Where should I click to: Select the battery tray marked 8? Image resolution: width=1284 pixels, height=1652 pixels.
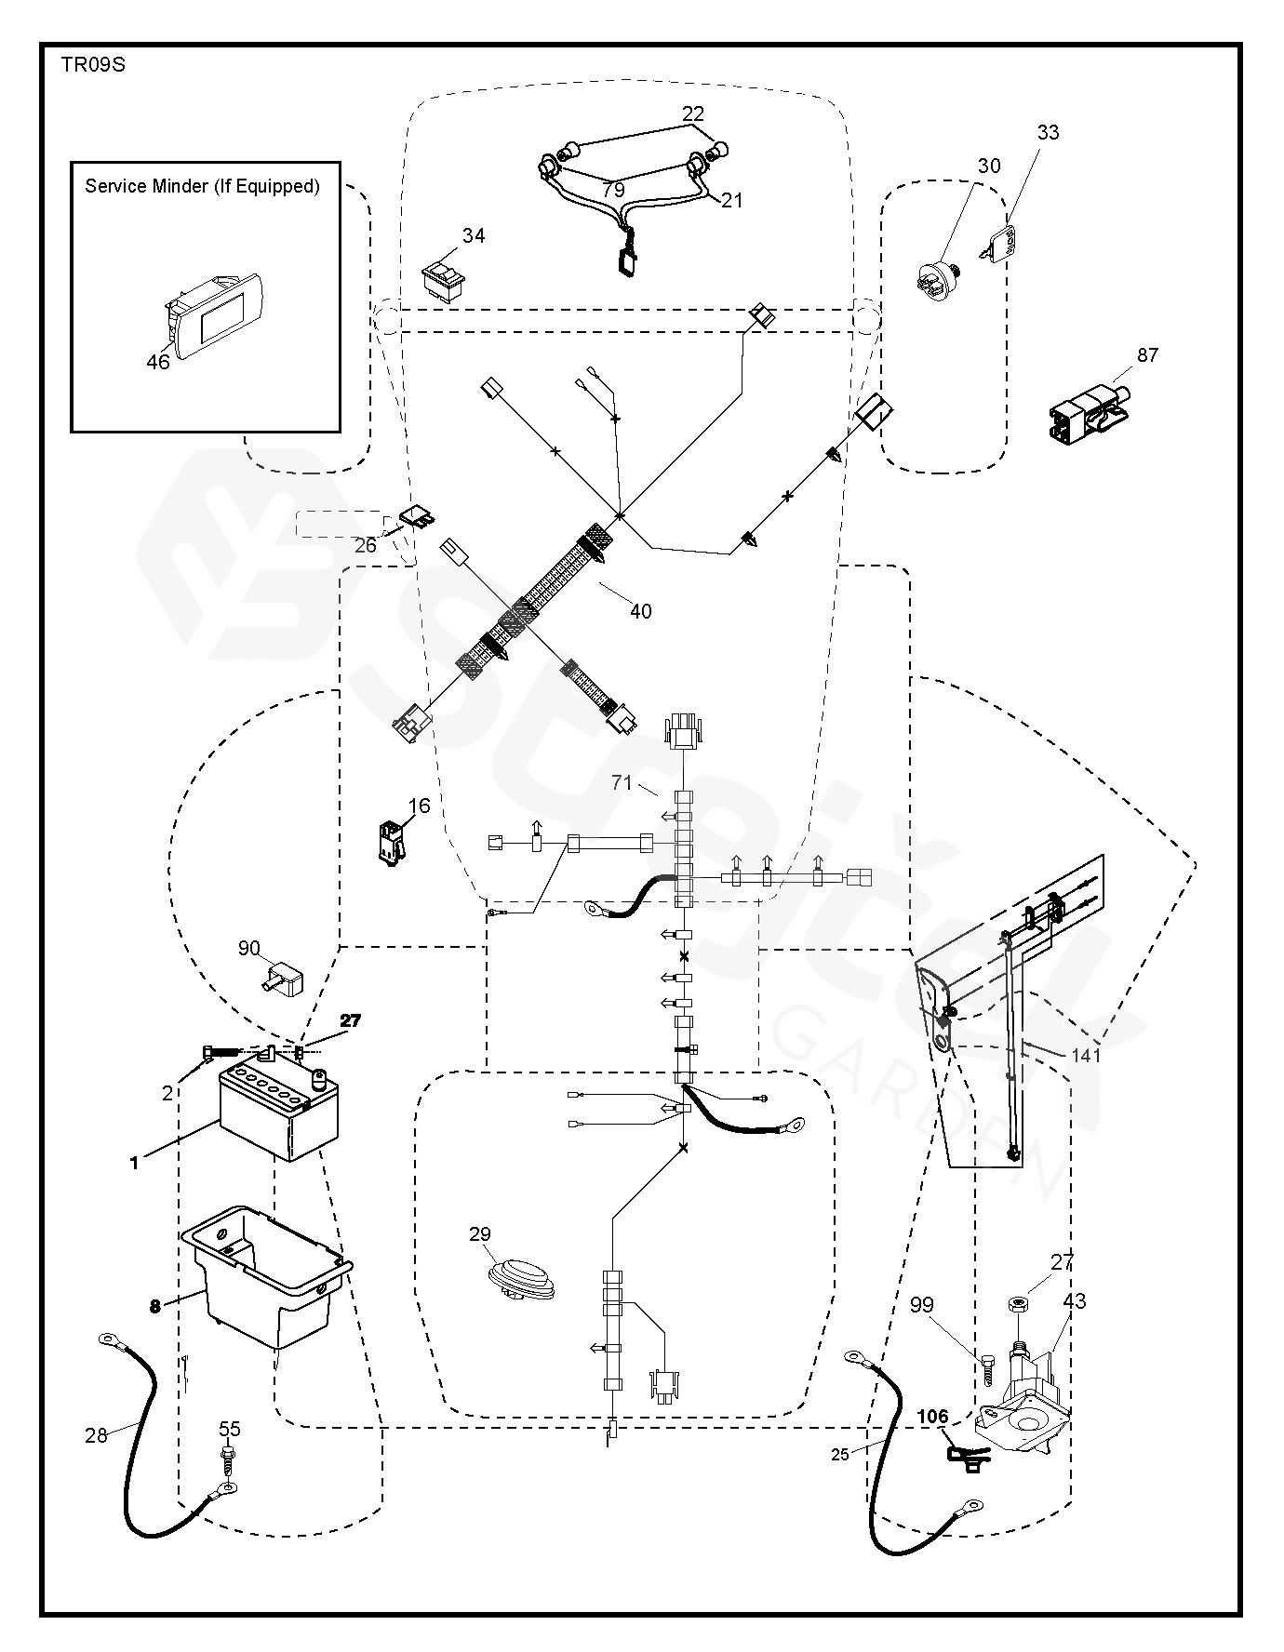pos(267,1276)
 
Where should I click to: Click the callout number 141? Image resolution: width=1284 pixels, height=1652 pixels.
pos(1086,1056)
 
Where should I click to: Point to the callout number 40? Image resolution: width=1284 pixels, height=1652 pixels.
pos(641,611)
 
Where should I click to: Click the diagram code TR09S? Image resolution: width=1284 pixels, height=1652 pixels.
pos(93,65)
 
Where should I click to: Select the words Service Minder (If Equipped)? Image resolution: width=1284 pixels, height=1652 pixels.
pos(203,186)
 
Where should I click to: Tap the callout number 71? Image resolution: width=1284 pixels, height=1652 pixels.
pos(622,784)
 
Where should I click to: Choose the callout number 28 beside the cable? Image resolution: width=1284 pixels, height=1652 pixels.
pos(97,1436)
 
